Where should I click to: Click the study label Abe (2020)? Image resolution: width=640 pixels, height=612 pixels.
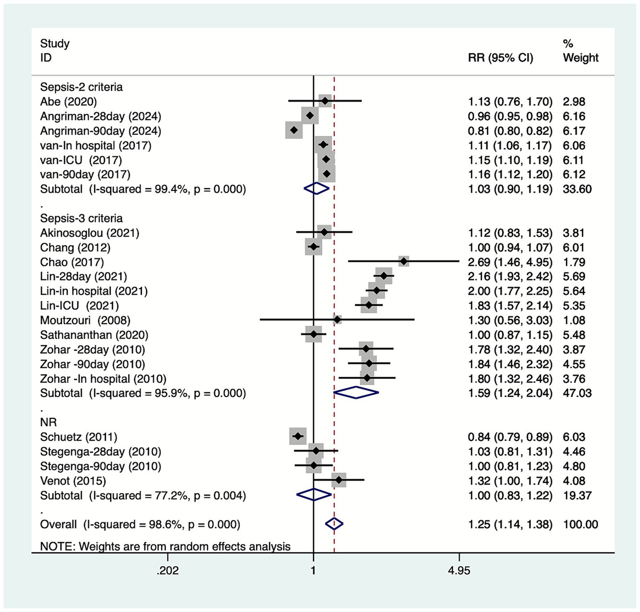pyautogui.click(x=68, y=102)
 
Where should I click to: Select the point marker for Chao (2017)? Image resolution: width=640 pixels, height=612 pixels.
pyautogui.click(x=404, y=262)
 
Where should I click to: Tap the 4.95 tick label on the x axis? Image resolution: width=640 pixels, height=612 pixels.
pyautogui.click(x=459, y=570)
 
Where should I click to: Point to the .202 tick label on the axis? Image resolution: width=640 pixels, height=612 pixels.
pyautogui.click(x=168, y=570)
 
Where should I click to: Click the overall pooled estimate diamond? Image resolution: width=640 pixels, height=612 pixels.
pyautogui.click(x=334, y=524)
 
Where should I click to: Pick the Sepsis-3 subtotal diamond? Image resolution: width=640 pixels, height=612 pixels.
pyautogui.click(x=356, y=392)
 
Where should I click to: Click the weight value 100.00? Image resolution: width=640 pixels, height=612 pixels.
pyautogui.click(x=580, y=524)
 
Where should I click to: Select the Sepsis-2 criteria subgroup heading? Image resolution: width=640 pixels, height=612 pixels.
pyautogui.click(x=81, y=87)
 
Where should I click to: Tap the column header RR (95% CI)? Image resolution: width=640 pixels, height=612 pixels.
pyautogui.click(x=500, y=57)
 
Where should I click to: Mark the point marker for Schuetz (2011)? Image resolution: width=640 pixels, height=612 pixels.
pyautogui.click(x=298, y=436)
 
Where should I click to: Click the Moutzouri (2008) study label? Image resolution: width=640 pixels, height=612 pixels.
pyautogui.click(x=85, y=320)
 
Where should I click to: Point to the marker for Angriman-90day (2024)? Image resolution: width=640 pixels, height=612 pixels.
pyautogui.click(x=294, y=130)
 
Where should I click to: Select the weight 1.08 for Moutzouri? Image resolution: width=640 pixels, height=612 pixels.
pyautogui.click(x=574, y=320)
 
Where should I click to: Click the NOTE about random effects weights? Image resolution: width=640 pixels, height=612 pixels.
pyautogui.click(x=165, y=546)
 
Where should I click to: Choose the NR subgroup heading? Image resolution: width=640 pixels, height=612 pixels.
pyautogui.click(x=48, y=422)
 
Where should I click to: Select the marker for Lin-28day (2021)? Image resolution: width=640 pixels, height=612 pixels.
pyautogui.click(x=384, y=276)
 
